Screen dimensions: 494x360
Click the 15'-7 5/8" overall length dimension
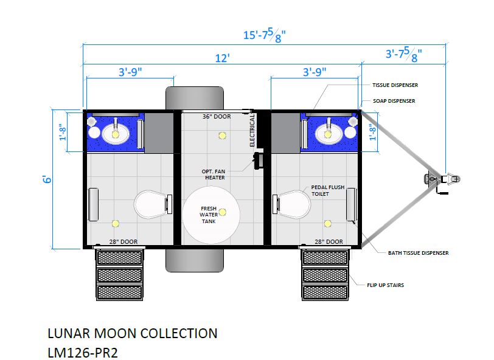pos(264,35)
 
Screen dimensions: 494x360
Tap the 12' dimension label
pos(222,58)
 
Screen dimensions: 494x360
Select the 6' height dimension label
pos(47,179)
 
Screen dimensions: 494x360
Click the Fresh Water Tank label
pos(209,215)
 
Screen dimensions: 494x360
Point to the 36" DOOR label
pos(217,117)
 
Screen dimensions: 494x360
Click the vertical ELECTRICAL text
pos(252,130)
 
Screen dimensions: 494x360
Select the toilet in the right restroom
pos(291,204)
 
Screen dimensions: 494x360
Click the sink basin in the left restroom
pos(116,134)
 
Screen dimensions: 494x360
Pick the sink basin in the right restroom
pos(328,134)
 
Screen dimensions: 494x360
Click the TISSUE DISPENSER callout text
pos(395,85)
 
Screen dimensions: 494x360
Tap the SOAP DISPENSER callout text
pos(394,101)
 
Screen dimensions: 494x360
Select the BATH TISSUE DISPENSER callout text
pos(418,253)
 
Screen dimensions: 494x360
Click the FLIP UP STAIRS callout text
pos(385,285)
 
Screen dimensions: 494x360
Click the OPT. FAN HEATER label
pos(214,175)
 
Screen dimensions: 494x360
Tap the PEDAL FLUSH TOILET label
pos(328,190)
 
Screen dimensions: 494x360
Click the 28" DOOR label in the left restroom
pos(123,241)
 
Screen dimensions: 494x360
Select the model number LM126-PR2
pos(83,353)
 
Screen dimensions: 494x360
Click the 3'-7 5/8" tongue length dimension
pos(403,54)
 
